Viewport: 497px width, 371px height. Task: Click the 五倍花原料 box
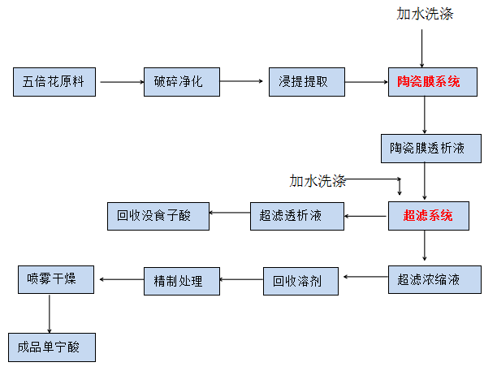[x=54, y=81]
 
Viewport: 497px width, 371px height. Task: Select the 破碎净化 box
[x=183, y=81]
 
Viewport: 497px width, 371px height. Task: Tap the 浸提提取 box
[x=306, y=81]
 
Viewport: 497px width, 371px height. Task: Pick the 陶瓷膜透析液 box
[x=427, y=148]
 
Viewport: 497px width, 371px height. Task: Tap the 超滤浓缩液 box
[x=427, y=280]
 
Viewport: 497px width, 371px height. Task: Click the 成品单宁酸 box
[x=52, y=347]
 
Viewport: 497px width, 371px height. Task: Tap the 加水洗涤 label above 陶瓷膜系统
[x=424, y=14]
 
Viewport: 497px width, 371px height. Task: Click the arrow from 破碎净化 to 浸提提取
[x=244, y=81]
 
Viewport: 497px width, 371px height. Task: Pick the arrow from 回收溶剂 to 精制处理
[x=241, y=280]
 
